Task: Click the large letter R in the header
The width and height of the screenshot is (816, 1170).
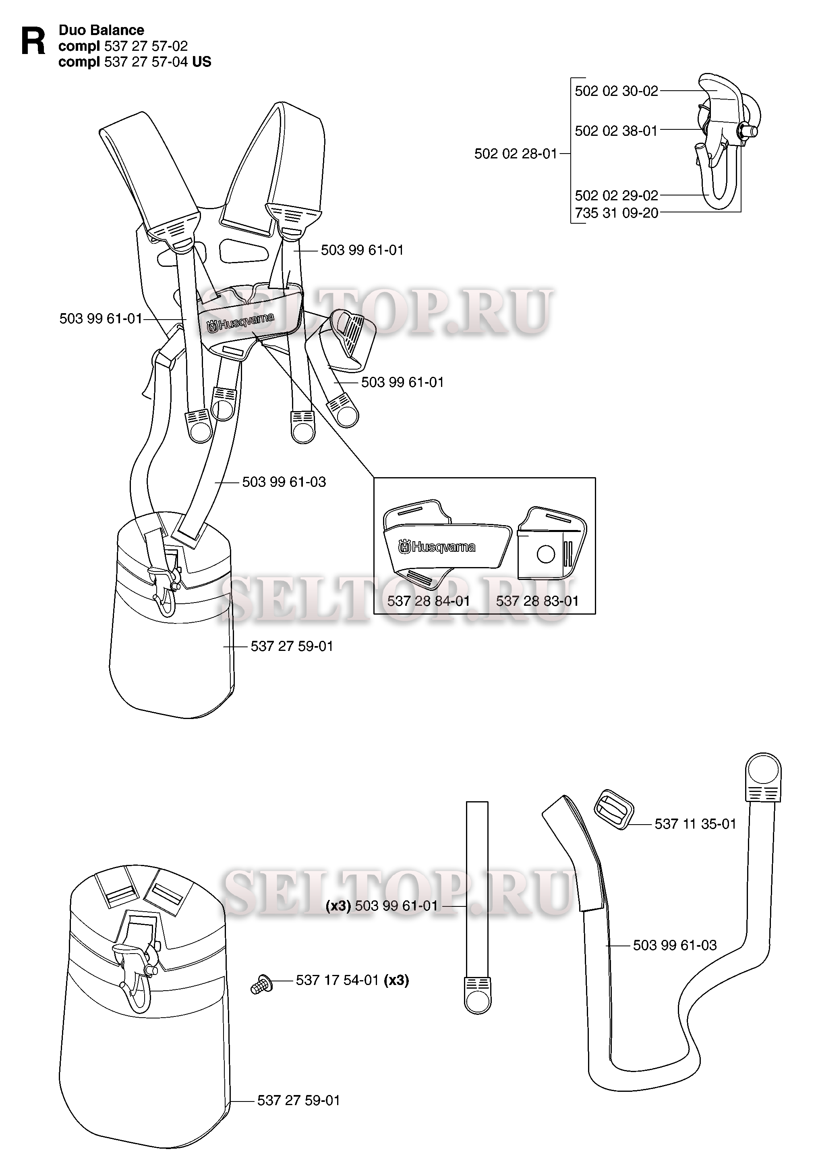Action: click(x=33, y=41)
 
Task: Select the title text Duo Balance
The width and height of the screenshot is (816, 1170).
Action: click(x=101, y=30)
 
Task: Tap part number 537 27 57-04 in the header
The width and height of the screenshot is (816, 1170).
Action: click(x=146, y=62)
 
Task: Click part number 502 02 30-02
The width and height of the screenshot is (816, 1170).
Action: click(x=616, y=91)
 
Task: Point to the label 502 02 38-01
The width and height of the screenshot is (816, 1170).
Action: click(x=616, y=131)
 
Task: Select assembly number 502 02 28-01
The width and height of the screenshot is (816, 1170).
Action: click(x=516, y=154)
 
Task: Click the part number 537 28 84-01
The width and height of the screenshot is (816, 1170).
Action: click(x=429, y=601)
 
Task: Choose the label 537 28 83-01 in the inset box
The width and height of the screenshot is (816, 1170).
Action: click(x=537, y=601)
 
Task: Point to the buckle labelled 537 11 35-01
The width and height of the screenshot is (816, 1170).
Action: click(x=614, y=809)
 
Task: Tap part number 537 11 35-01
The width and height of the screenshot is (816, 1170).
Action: click(x=695, y=823)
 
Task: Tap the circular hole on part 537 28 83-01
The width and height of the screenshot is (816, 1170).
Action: click(x=545, y=555)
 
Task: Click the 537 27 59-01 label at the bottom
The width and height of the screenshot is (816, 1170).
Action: click(x=298, y=1100)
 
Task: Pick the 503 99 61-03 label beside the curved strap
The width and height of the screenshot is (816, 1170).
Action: click(x=675, y=945)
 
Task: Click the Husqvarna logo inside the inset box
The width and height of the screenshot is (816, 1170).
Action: click(x=437, y=547)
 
